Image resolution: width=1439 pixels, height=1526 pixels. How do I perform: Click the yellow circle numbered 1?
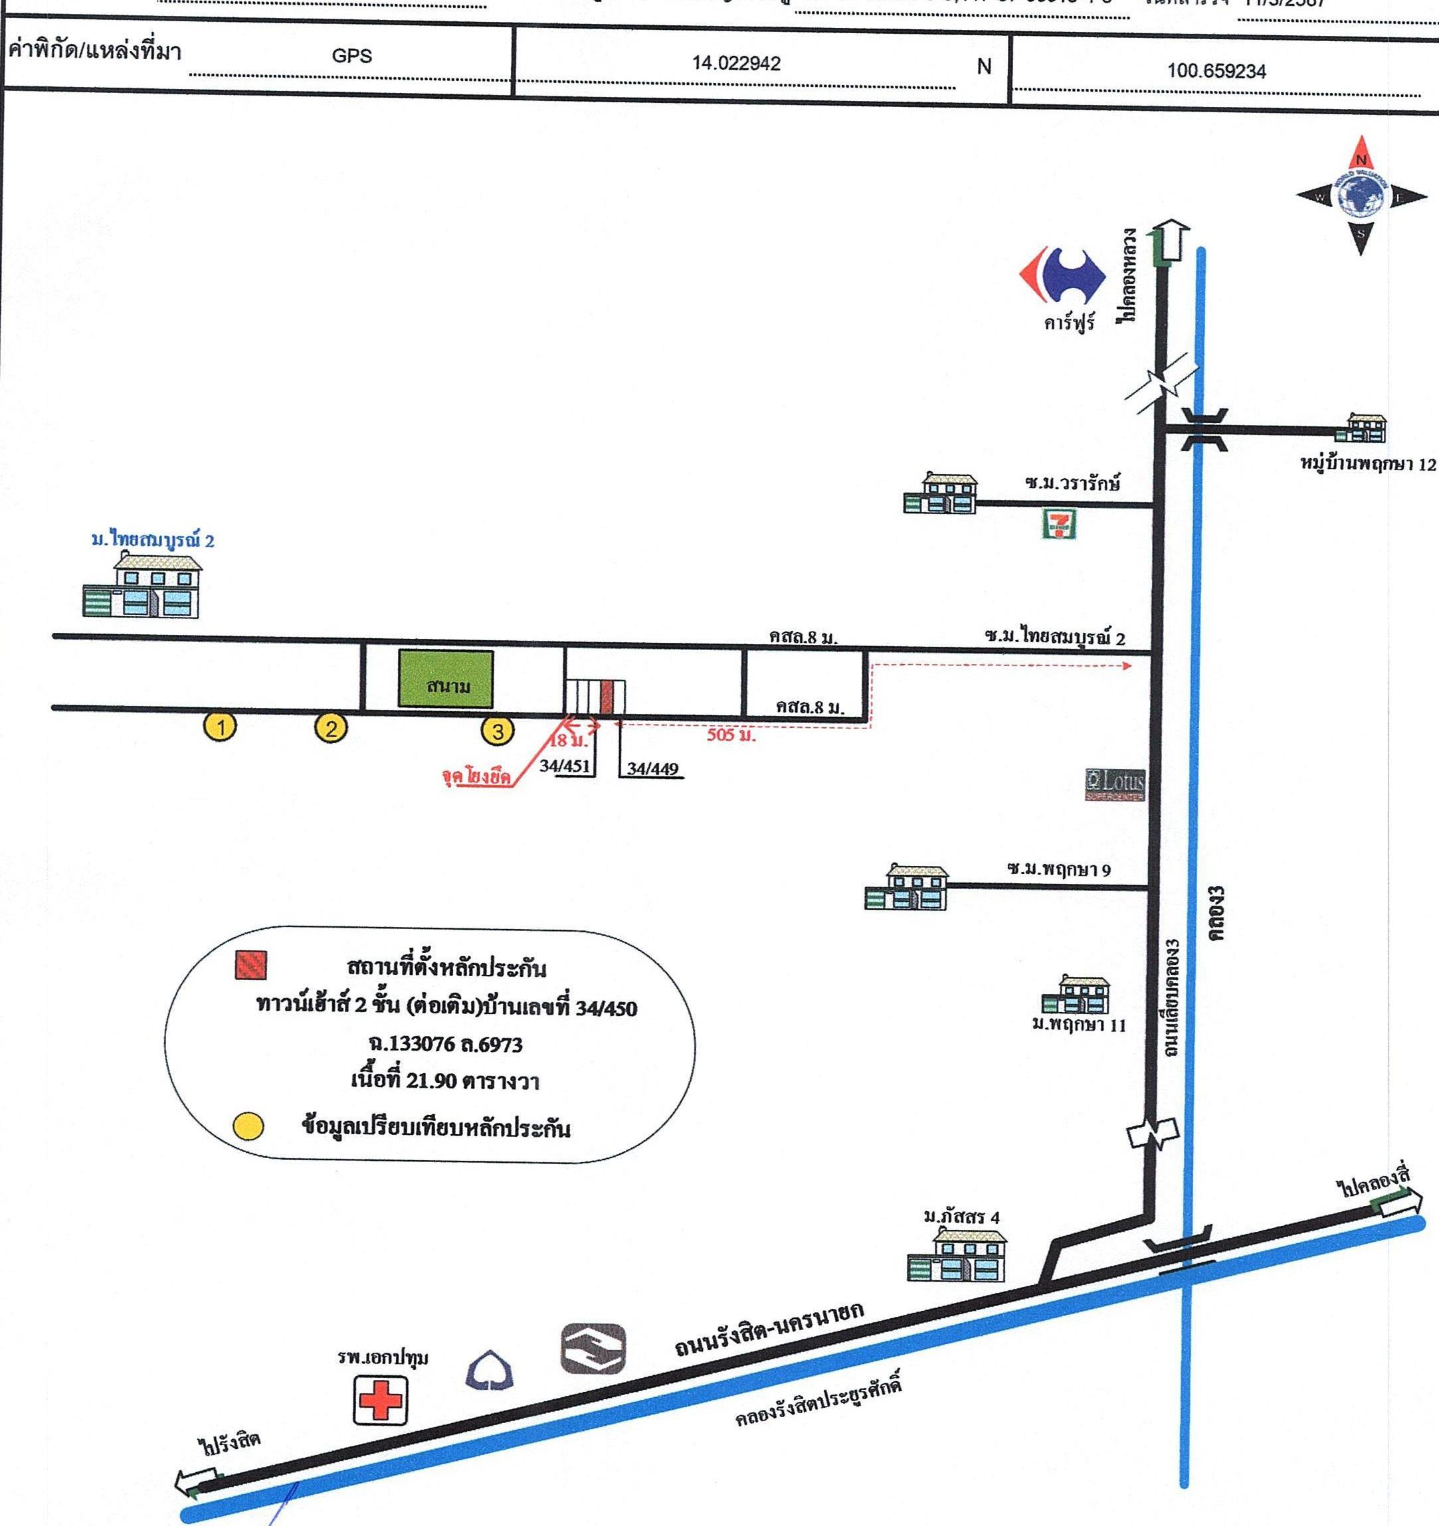[x=221, y=726]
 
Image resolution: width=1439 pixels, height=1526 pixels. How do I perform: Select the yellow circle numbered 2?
[x=331, y=728]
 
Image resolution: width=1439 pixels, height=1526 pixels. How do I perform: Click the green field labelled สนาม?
[x=445, y=679]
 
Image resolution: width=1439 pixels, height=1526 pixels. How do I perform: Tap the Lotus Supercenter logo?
[x=1115, y=784]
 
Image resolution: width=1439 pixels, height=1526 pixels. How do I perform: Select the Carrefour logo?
[x=1062, y=274]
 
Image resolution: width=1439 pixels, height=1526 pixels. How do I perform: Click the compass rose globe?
[x=1361, y=196]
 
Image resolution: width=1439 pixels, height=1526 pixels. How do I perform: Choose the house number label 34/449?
[x=652, y=768]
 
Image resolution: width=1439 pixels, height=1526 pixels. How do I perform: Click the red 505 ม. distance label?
[x=731, y=734]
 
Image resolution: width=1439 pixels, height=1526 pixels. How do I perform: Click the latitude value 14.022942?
[x=736, y=64]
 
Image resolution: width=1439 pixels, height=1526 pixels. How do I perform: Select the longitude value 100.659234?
[x=1216, y=72]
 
